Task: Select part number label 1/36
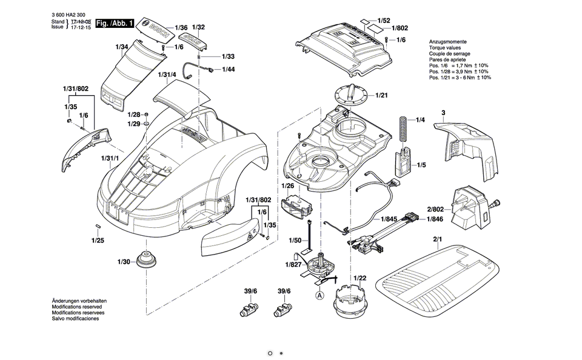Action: pyautogui.click(x=181, y=28)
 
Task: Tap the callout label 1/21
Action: pyautogui.click(x=382, y=95)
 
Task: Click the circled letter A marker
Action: pyautogui.click(x=319, y=296)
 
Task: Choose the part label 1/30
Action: pyautogui.click(x=123, y=262)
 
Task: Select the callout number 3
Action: pyautogui.click(x=443, y=113)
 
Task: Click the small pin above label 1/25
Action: pyautogui.click(x=98, y=226)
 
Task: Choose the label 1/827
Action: pyautogui.click(x=293, y=264)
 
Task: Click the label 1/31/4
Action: pyautogui.click(x=167, y=75)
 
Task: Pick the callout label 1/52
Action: pyautogui.click(x=384, y=21)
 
